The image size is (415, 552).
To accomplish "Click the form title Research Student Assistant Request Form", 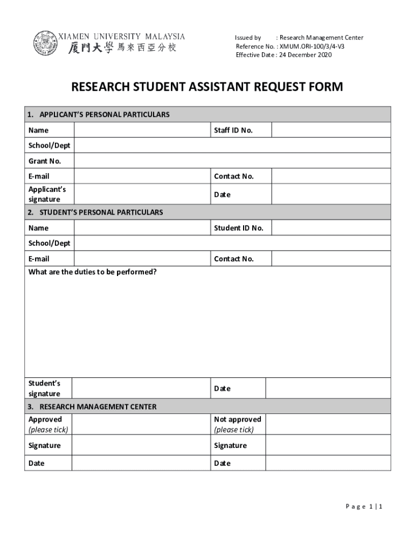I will (207, 87).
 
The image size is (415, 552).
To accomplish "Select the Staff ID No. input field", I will (331, 130).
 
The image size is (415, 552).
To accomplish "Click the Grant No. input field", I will (232, 161).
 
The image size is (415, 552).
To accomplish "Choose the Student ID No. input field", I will (331, 228).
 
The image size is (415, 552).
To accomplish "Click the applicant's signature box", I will (142, 194).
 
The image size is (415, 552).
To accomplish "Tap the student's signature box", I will (141, 388).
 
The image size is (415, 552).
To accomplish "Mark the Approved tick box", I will (141, 424).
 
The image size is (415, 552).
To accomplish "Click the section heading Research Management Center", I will (98, 406).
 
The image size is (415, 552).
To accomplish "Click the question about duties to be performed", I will (93, 272).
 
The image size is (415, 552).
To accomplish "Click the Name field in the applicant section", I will (142, 130).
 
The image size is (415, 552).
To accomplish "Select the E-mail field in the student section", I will (142, 259).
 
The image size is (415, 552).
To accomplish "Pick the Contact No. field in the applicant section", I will (331, 176).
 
